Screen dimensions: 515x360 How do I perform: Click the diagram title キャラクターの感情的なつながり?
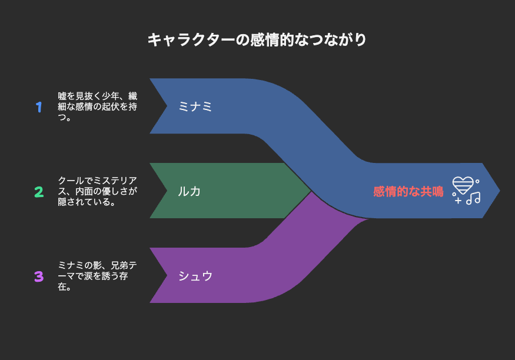[x=257, y=40]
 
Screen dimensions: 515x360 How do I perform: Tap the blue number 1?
[x=39, y=107]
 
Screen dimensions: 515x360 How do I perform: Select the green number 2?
[x=39, y=192]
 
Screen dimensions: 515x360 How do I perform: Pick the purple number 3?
[x=39, y=276]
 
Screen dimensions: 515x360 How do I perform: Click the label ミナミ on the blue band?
[x=195, y=106]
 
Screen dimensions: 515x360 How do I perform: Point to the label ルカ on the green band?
[x=189, y=191]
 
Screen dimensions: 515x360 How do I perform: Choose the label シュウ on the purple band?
[x=195, y=276]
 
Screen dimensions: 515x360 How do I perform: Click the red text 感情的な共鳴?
[x=408, y=191]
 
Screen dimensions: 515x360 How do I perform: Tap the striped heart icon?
[x=463, y=185]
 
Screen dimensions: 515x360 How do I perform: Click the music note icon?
[x=473, y=198]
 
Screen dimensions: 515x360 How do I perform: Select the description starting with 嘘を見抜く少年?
[x=98, y=106]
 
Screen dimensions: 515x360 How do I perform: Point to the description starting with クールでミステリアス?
[x=98, y=191]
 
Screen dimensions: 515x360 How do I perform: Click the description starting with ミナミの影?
[x=98, y=276]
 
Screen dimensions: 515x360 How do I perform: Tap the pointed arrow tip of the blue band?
[x=500, y=191]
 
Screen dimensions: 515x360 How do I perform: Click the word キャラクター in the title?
[x=191, y=40]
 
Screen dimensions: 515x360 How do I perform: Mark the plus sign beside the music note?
[x=458, y=201]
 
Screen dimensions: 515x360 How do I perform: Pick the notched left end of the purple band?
[x=167, y=275]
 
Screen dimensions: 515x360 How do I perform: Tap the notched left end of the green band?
[x=167, y=191]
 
